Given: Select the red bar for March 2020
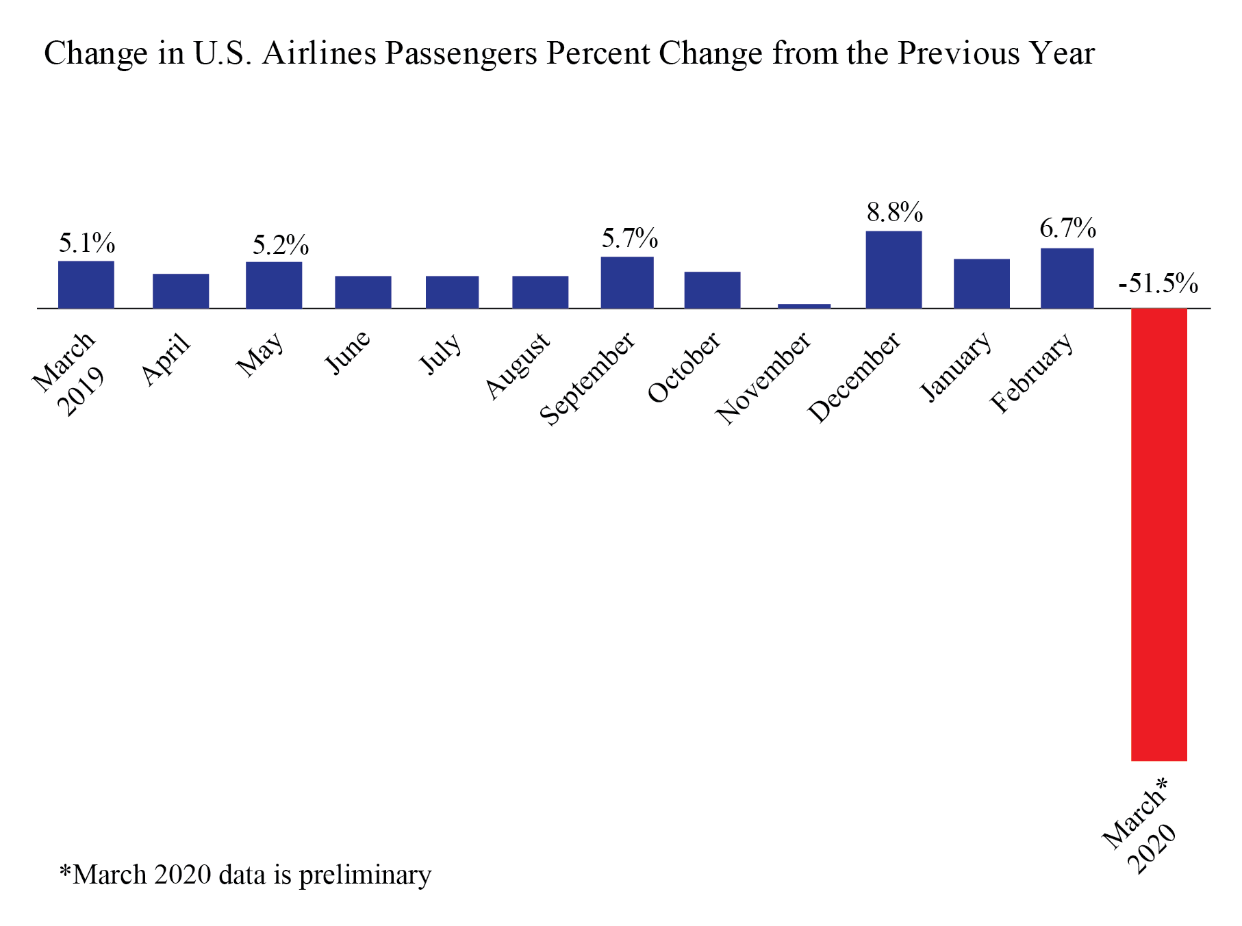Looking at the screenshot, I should tap(1158, 534).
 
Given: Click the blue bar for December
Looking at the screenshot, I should tap(893, 270).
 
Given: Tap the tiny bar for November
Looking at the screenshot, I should tap(804, 306).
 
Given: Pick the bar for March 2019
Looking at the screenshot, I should tap(86, 285).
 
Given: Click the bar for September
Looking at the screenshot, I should tap(626, 283).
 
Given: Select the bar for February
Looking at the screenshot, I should tap(1067, 279).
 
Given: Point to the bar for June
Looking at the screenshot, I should tap(363, 292).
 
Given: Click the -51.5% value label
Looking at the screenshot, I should tap(1158, 283).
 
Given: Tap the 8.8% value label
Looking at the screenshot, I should tap(894, 213).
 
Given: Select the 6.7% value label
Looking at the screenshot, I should tap(1067, 228).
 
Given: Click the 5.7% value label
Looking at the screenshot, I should tap(629, 239).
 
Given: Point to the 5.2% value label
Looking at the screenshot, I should tap(280, 245).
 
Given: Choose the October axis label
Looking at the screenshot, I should tap(684, 367).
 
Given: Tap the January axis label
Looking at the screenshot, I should tap(956, 366).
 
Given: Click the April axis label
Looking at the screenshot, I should tap(166, 359).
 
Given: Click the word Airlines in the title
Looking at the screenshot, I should tap(319, 53).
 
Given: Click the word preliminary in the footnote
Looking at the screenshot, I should tap(365, 875).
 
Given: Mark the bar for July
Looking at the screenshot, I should tap(452, 292).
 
